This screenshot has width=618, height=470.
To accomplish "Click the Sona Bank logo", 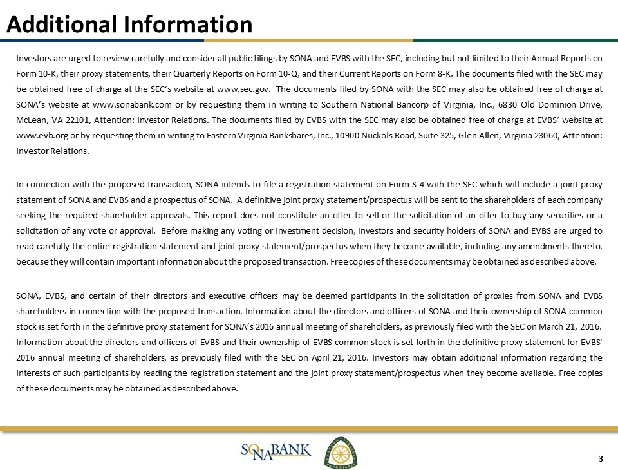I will (x=276, y=450).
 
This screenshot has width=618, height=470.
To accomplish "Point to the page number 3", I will (x=601, y=459).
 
